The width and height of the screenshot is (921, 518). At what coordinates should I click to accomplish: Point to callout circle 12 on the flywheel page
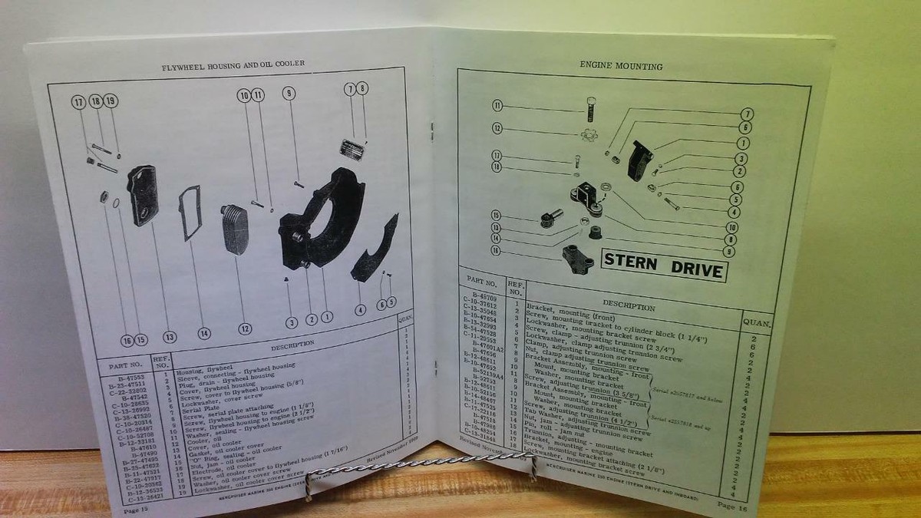[x=244, y=329]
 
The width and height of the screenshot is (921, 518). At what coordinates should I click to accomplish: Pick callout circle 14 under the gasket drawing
[x=203, y=333]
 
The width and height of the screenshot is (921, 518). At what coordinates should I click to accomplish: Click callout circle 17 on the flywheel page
[x=78, y=102]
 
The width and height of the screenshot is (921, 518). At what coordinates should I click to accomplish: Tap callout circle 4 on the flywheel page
[x=360, y=311]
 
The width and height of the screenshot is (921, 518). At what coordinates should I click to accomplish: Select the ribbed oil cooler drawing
[x=235, y=228]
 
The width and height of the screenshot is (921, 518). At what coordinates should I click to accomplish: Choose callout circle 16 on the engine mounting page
[x=497, y=250]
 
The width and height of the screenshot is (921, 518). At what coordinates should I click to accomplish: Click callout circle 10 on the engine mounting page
[x=733, y=227]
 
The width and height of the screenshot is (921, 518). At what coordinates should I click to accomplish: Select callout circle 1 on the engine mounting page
[x=744, y=143]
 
